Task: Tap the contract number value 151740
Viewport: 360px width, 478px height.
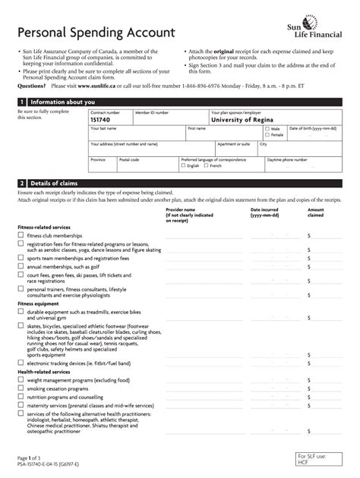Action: pos(103,119)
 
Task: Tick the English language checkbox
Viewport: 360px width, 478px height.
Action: pos(183,165)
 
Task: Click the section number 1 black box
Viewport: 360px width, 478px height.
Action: pos(22,102)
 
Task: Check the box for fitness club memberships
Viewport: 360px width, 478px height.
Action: pos(21,236)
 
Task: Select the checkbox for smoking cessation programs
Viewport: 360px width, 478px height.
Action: pos(21,386)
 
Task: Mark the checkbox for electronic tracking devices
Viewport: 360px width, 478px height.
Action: pos(21,363)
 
